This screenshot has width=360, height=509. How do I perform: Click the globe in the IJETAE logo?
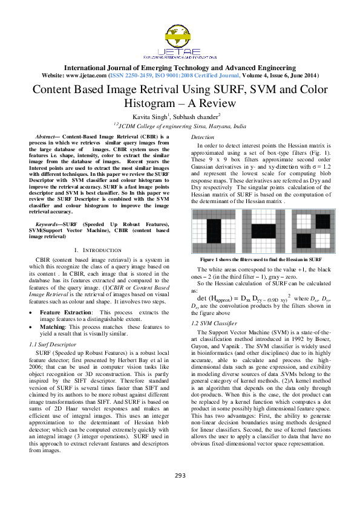click(180, 28)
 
